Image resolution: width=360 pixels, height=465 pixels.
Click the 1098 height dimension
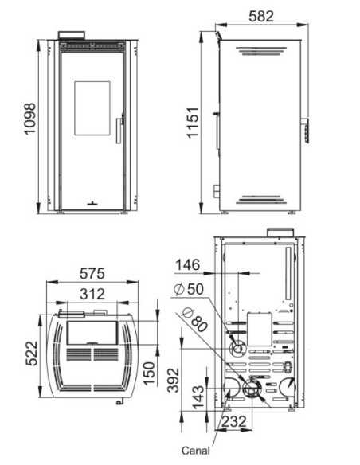[30, 119]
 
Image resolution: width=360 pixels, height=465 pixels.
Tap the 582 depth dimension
[261, 16]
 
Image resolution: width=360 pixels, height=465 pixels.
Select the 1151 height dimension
[193, 123]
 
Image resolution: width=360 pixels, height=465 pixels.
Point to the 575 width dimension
[92, 273]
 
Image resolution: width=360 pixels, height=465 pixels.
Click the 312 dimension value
[92, 294]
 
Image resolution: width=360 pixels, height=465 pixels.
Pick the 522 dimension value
[31, 354]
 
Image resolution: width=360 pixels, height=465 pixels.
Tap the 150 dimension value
[150, 373]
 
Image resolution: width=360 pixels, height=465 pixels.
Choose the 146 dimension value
[188, 265]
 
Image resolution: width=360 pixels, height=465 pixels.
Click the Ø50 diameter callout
[189, 289]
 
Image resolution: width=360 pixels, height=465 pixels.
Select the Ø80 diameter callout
[195, 320]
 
